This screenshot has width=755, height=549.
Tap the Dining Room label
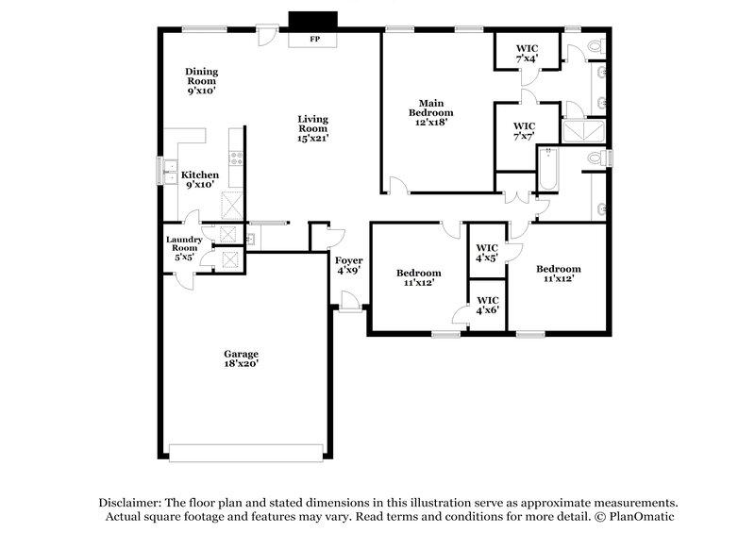(x=201, y=81)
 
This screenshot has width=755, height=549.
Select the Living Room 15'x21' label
(x=312, y=127)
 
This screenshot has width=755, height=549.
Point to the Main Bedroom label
(x=427, y=111)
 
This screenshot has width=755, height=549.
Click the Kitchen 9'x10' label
(x=200, y=179)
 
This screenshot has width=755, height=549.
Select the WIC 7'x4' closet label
(x=526, y=53)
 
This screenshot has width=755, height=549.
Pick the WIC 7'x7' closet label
(x=524, y=130)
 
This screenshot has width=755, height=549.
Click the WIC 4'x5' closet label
(x=487, y=252)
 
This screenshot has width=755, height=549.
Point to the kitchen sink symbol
(x=167, y=174)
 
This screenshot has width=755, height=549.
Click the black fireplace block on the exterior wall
(x=312, y=22)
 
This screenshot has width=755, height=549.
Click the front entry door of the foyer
(x=349, y=302)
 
